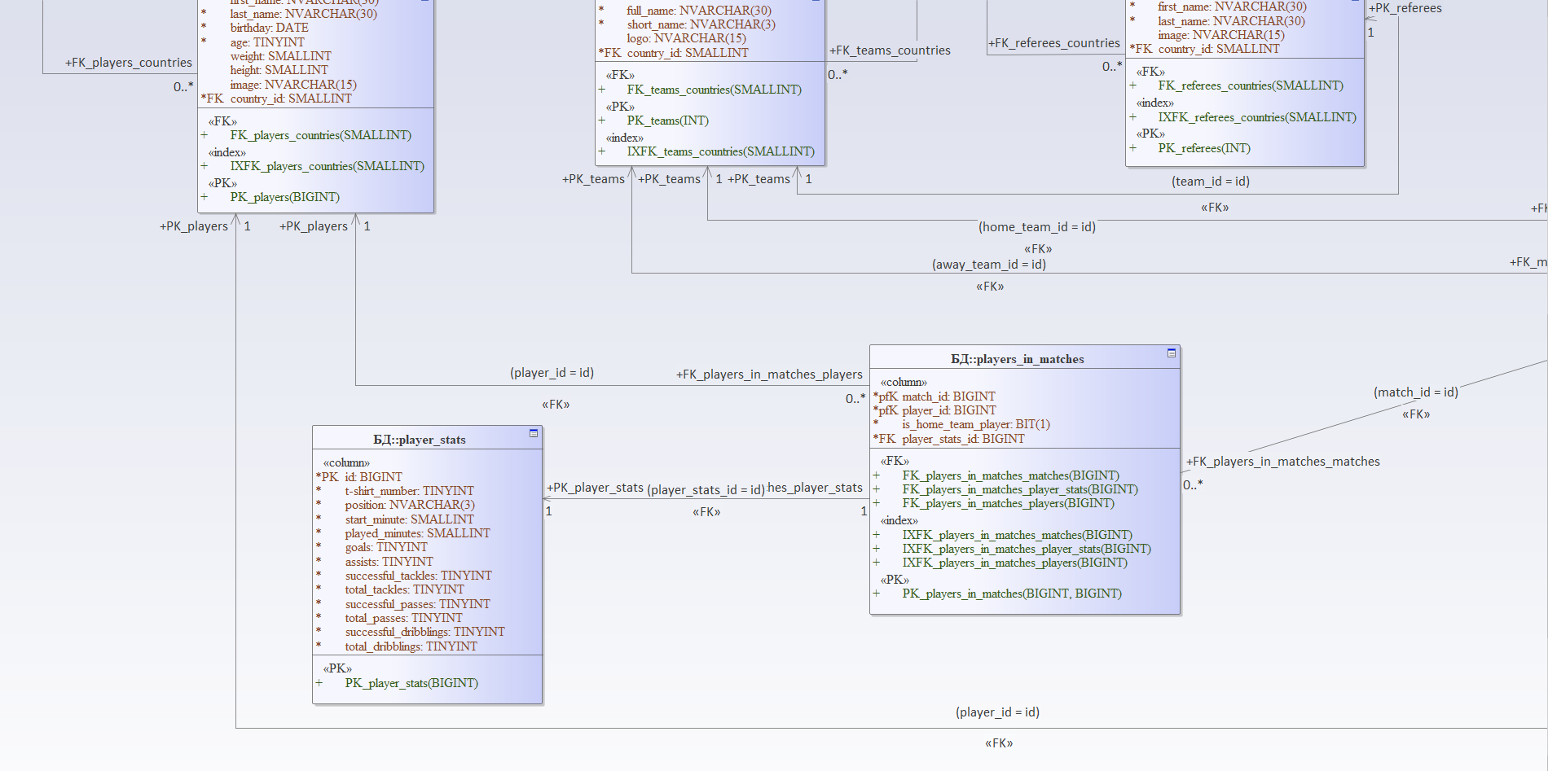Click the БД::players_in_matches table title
click(x=1017, y=359)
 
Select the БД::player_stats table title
click(x=419, y=440)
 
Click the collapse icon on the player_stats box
click(x=534, y=433)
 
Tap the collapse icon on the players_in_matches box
click(x=1171, y=353)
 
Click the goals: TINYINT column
click(x=385, y=547)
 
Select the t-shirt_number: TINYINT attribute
click(x=409, y=491)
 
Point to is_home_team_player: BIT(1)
click(x=975, y=424)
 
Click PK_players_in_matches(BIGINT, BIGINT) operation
click(x=1011, y=594)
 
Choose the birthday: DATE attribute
click(x=269, y=28)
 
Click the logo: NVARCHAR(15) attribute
click(x=686, y=38)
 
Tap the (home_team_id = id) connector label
click(x=1036, y=227)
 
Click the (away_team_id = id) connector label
click(x=988, y=265)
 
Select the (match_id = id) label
click(x=1415, y=392)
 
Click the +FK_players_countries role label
click(x=129, y=63)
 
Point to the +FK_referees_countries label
click(x=1053, y=43)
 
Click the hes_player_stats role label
click(x=815, y=488)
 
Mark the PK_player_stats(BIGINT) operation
click(x=411, y=683)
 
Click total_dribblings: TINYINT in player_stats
click(x=411, y=646)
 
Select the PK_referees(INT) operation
click(x=1203, y=148)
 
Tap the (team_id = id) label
click(x=1210, y=182)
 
